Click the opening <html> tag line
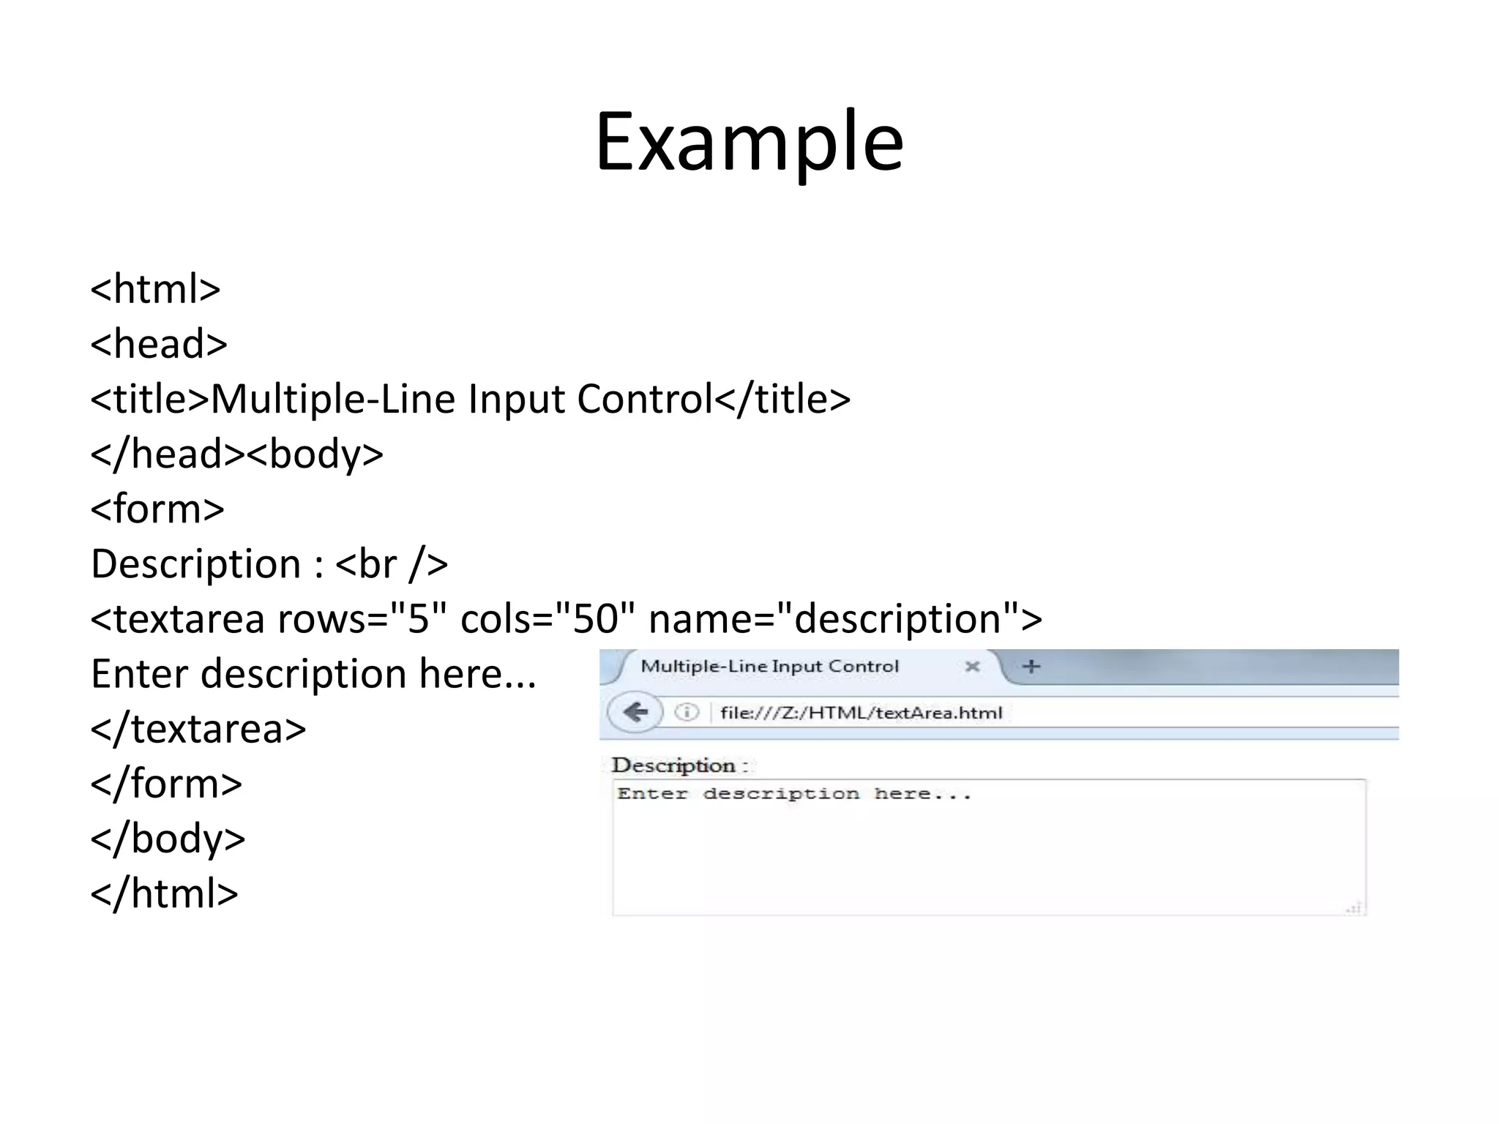coord(155,289)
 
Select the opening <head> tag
coord(159,344)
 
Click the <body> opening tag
coord(315,454)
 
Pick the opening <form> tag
coord(157,509)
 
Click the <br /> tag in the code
coord(392,564)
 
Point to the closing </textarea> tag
coord(198,729)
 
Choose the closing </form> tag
coord(166,784)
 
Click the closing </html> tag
coord(165,893)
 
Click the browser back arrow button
coord(635,712)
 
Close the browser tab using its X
coord(972,667)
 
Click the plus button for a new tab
coord(1031,667)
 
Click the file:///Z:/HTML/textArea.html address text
coord(861,713)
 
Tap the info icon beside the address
coord(687,712)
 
